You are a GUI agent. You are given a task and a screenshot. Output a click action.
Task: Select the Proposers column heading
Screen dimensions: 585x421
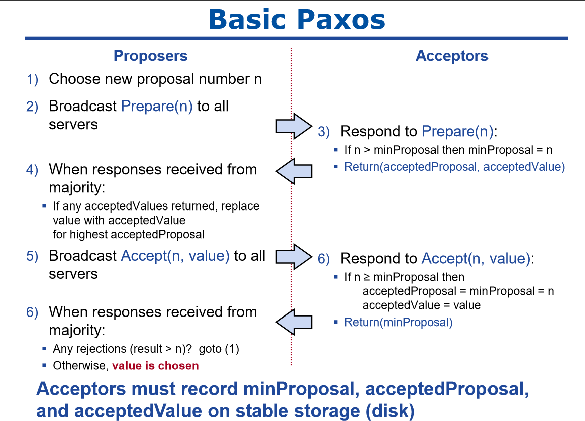150,56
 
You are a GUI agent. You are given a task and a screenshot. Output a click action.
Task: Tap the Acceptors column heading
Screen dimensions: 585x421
452,56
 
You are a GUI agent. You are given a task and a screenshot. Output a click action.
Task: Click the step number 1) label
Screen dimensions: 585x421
32,79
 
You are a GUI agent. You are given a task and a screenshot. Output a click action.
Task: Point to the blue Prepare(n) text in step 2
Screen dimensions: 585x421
157,107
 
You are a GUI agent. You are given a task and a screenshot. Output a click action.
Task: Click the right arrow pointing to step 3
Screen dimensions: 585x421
294,126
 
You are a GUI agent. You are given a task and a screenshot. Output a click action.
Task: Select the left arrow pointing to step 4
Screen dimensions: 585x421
294,171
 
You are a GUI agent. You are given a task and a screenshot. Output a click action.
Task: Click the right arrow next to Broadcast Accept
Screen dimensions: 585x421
294,257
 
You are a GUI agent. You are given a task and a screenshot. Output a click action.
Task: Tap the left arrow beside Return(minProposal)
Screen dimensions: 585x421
294,322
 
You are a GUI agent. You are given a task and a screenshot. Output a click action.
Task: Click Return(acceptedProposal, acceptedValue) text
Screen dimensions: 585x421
454,167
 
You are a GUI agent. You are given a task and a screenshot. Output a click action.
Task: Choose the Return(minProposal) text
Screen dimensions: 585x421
398,322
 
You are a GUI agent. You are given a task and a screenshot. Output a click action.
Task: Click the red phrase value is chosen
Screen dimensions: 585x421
155,365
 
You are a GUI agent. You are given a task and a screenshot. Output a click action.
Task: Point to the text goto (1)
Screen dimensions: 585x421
219,349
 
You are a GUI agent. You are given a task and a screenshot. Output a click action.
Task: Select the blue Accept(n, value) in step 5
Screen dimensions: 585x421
175,256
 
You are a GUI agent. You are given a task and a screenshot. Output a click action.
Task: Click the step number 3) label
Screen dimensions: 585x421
324,132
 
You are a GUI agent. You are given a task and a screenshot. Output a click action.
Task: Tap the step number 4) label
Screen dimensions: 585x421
32,170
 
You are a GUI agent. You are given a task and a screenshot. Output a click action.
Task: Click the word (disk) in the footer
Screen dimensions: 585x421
390,411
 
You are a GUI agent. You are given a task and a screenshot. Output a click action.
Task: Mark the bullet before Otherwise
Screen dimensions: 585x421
44,365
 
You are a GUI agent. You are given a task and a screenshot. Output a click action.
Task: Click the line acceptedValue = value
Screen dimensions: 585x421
422,305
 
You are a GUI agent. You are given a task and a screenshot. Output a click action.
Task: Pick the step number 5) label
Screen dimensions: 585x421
32,256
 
